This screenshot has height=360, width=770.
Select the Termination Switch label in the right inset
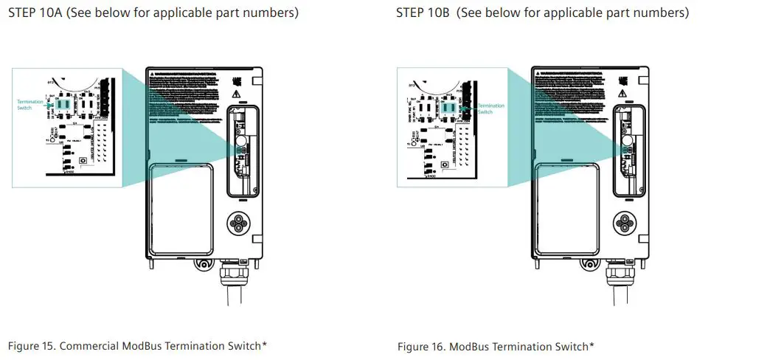pos(491,108)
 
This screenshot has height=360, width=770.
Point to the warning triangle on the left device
pos(235,94)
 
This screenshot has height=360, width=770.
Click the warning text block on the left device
pos(184,96)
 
